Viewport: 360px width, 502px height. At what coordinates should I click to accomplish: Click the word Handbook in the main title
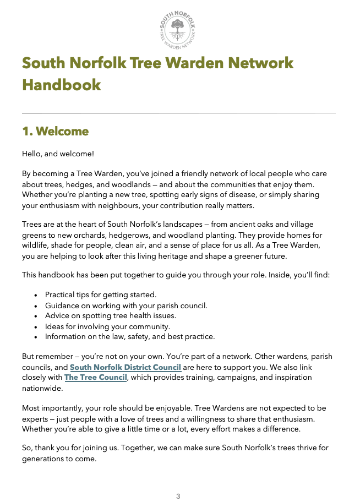(62, 85)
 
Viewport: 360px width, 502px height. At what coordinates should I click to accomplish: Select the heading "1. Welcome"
(55, 132)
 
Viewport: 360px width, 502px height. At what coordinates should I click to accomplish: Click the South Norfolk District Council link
(126, 367)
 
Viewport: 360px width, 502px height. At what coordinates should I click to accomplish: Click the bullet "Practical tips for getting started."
(101, 294)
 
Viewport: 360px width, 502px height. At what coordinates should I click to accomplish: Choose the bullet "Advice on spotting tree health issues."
(110, 315)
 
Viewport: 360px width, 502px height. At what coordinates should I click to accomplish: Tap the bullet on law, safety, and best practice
(130, 336)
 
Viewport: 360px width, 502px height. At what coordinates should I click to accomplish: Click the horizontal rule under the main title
(178, 113)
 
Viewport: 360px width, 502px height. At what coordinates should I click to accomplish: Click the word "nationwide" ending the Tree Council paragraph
(42, 388)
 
